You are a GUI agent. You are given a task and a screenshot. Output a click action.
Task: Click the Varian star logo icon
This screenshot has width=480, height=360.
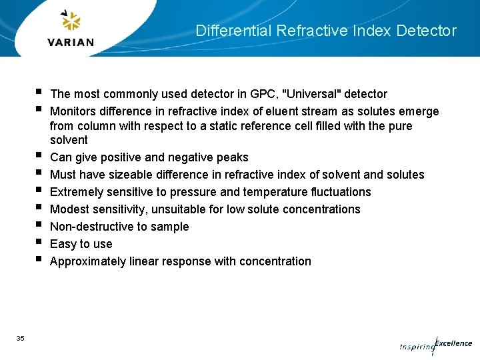click(x=71, y=21)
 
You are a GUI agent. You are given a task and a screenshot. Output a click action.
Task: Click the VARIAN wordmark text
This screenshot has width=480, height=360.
click(x=71, y=42)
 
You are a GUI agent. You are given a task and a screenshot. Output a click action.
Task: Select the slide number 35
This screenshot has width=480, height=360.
click(x=20, y=339)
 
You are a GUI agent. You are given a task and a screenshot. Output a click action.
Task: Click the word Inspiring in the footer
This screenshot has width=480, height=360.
click(x=416, y=347)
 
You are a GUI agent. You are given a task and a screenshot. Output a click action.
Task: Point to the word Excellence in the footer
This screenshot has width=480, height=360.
click(x=454, y=344)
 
